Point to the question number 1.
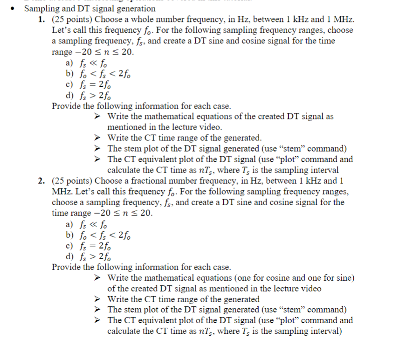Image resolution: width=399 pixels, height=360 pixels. click(41, 20)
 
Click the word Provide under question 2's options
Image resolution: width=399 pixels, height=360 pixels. click(66, 267)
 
